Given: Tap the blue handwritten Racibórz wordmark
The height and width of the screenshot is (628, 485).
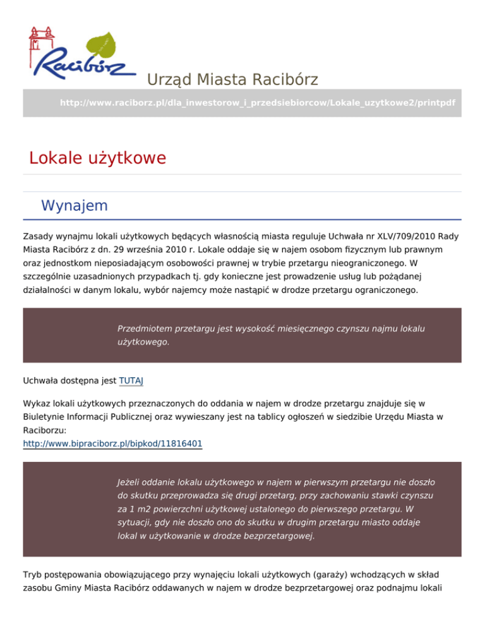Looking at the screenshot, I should point(85,63).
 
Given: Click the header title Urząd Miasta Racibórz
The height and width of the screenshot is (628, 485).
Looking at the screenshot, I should point(232,80).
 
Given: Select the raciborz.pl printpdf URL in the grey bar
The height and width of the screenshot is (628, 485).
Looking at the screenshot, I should point(257,102).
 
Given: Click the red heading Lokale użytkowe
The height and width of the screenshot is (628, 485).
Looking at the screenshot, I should point(97,157).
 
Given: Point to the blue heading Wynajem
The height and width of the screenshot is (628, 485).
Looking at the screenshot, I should point(74,205).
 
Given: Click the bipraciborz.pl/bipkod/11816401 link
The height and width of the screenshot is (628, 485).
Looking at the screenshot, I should point(112,444).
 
